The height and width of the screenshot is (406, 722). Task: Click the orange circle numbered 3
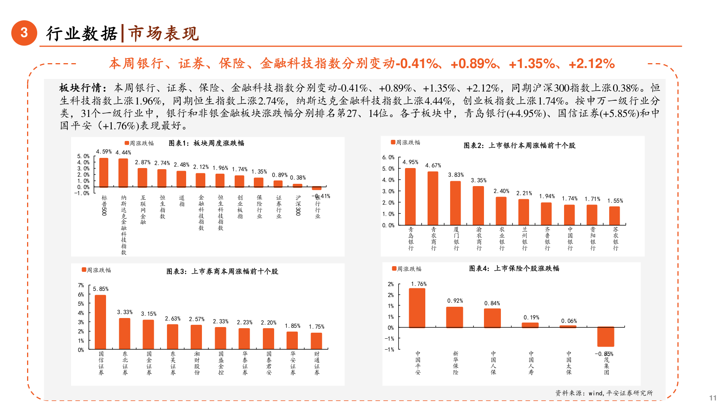click(24, 33)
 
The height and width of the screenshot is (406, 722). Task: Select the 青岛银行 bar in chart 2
click(410, 196)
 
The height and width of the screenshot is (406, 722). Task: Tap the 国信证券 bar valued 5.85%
click(100, 322)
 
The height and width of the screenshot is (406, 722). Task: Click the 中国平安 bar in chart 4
click(417, 308)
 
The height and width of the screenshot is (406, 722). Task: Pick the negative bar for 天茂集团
click(605, 336)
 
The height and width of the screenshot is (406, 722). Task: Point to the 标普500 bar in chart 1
click(104, 173)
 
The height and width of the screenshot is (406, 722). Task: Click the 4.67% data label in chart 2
click(433, 165)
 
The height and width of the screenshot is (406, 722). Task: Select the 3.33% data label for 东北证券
click(124, 312)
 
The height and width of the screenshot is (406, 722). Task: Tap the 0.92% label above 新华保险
click(455, 301)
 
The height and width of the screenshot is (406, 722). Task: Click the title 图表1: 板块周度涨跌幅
click(206, 143)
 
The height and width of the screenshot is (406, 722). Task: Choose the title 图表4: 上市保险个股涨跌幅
click(514, 268)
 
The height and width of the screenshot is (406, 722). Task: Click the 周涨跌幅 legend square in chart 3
click(84, 270)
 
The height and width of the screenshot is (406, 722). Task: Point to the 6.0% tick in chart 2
click(388, 157)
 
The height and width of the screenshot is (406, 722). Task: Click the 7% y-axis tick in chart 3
click(81, 285)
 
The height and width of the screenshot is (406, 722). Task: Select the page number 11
click(713, 398)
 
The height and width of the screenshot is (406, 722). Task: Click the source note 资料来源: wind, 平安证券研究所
click(604, 393)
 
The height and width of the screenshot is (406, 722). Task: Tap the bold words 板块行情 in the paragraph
click(80, 88)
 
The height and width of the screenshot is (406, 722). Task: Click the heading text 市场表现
click(164, 33)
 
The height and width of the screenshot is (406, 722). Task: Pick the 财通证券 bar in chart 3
click(316, 341)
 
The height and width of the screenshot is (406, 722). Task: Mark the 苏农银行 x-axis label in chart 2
click(616, 239)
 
